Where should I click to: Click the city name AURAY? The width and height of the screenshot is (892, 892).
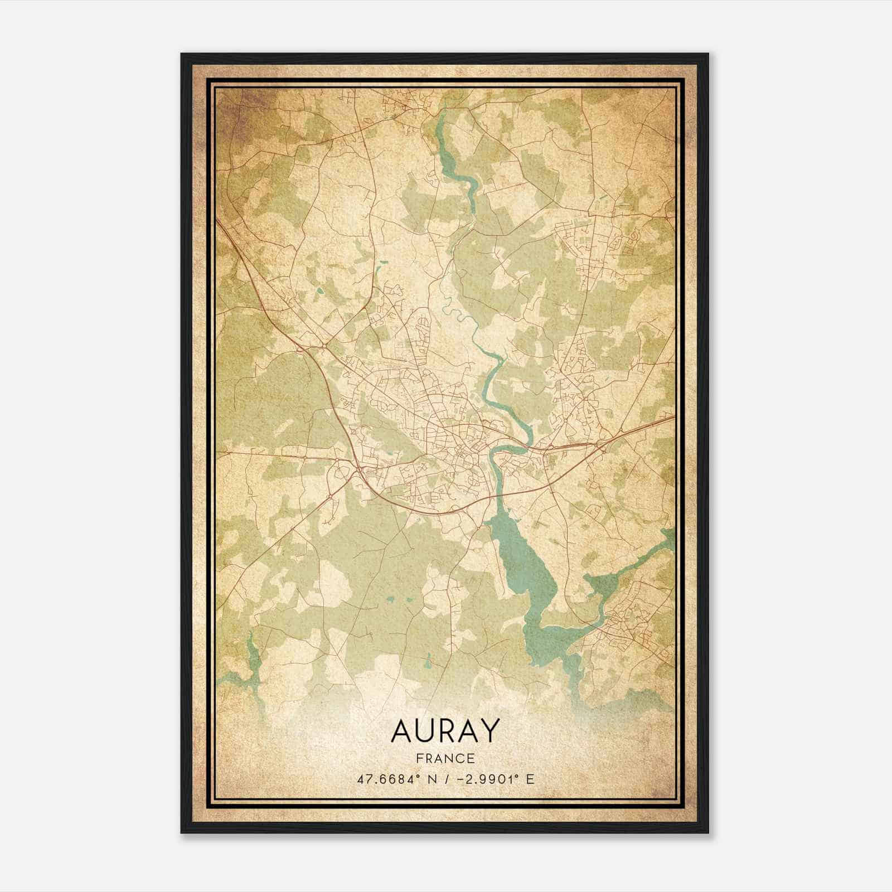pos(445,731)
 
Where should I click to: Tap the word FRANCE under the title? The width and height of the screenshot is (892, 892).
pos(445,759)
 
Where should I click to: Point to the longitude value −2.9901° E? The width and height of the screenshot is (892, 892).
pos(494,779)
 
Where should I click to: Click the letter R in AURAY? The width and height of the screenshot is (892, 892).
pos(447,731)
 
